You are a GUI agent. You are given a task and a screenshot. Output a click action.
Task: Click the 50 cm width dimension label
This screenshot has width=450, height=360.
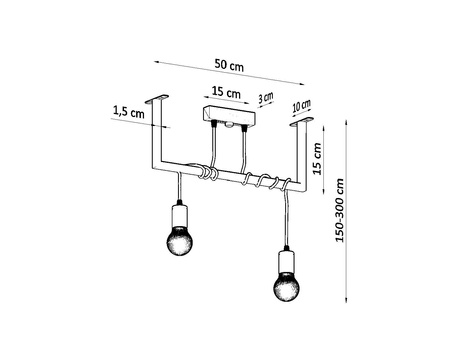pyautogui.click(x=228, y=65)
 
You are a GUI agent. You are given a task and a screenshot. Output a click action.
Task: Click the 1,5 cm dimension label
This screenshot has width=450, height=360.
pyautogui.click(x=129, y=113)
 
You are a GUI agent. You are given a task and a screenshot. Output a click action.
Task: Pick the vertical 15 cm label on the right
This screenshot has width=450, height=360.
pyautogui.click(x=317, y=158)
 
